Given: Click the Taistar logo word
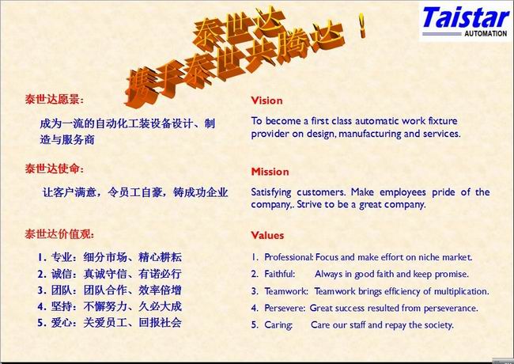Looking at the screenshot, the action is coord(466,17).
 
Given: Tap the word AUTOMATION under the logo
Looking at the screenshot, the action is coord(486,33).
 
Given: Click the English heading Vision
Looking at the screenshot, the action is coord(266,100).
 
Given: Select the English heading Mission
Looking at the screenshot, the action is coord(270,172).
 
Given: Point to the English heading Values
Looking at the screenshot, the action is coord(267,235).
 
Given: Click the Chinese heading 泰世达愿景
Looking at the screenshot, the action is coord(54,99).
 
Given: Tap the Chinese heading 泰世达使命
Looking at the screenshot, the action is coord(54,169).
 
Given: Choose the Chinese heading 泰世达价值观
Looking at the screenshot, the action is coord(59,234).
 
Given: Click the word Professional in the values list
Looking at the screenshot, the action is coord(289,257).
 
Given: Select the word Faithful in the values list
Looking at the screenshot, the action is coord(280,274).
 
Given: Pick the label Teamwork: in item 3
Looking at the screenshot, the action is coord(286,291).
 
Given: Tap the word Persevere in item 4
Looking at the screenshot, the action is coord(285,308).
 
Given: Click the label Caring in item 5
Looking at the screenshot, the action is coord(278,325).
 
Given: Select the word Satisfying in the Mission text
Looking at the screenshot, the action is coord(271,192).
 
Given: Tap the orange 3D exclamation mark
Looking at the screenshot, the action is coord(362,25).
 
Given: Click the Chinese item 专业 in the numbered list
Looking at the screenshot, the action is coord(62,257).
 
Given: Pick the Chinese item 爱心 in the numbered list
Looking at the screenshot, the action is coord(62,323).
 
